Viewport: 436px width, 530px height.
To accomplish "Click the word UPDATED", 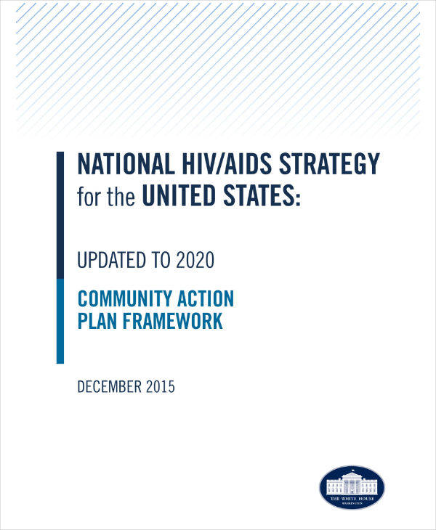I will (113, 260).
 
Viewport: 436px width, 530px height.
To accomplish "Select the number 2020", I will (195, 260).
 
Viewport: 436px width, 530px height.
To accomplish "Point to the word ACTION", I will (209, 298).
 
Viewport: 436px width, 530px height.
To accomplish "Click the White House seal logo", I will (352, 487).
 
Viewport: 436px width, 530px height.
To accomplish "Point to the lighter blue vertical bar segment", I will (60, 320).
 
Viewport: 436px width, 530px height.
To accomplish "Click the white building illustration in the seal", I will (352, 482).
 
